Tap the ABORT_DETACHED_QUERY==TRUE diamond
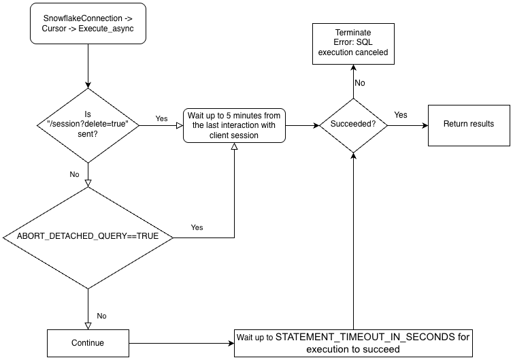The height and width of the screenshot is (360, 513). (88, 238)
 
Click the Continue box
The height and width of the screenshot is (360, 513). (88, 342)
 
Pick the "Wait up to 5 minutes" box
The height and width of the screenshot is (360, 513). (235, 125)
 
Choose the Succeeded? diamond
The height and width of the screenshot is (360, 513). (353, 125)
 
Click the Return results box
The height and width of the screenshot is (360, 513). (468, 124)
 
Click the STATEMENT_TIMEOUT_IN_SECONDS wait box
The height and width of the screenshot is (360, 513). (352, 342)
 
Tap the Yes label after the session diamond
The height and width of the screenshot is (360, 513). (162, 118)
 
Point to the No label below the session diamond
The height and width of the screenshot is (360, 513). (74, 174)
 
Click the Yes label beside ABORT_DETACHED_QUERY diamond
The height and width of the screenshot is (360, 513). (197, 227)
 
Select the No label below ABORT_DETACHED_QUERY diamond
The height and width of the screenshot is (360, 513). (101, 316)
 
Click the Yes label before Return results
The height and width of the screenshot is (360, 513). (401, 115)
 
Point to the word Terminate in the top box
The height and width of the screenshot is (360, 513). (352, 33)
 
